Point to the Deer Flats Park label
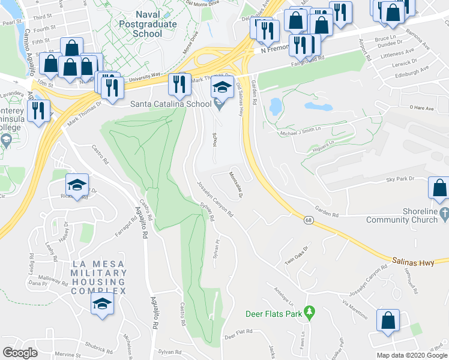coord(274,314)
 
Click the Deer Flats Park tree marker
coord(310,313)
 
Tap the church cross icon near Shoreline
coord(444,214)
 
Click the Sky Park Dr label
coord(401,179)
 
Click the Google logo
coord(20,353)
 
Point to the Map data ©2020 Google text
coord(411,355)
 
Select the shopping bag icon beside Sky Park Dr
coord(439,188)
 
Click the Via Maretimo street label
coord(354,307)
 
